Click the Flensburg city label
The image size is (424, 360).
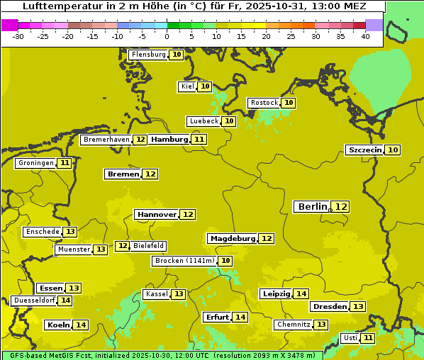point(148,55)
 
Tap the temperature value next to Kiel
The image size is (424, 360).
point(205,86)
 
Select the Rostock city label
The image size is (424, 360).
point(264,103)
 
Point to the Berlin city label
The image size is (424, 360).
point(313,206)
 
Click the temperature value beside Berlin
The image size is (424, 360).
point(342,207)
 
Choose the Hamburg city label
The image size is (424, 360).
point(169,140)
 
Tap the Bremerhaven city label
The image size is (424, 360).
point(106,140)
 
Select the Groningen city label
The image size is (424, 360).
point(36,163)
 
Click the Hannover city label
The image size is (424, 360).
point(157,214)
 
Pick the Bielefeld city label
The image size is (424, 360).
point(149,246)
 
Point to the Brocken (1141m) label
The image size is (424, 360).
point(184,261)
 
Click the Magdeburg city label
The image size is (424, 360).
point(232,239)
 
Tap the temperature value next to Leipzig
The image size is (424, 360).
point(301,294)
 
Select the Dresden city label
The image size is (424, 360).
point(330,307)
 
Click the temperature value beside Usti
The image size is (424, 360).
point(367,338)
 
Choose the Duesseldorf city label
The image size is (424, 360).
point(34,300)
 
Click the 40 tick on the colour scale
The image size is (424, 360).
point(365,36)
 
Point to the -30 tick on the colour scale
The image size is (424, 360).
point(18,36)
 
